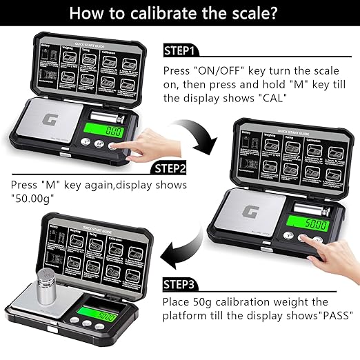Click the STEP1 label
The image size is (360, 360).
pos(181,51)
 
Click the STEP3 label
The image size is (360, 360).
pos(181,283)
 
